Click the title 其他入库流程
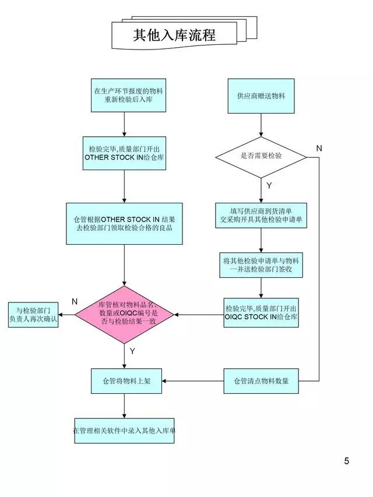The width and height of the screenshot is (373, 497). coord(174,35)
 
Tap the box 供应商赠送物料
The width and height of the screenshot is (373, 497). coord(261,95)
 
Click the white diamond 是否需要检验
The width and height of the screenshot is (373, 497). coord(261,156)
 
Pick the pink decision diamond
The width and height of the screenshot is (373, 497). coord(124,315)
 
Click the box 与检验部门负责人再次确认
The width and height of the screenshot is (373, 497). coord(33,315)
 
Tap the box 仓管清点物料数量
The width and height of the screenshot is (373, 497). coord(261,381)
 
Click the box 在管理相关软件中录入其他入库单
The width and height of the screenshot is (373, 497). coord(124,431)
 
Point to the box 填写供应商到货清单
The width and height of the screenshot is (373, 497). coord(261,215)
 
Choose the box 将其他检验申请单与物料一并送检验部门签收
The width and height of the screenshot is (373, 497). coord(261,265)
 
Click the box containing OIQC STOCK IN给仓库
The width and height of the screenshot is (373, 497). coord(261,312)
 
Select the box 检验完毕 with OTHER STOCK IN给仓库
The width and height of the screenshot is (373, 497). coord(124,153)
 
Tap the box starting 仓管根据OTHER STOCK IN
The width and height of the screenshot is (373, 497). coord(124,224)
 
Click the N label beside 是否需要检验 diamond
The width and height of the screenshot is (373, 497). coord(319,149)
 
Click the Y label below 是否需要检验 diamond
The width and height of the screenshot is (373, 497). coord(269,185)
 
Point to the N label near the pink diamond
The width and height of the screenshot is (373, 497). coord(75,301)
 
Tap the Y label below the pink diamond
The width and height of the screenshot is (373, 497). coord(132,351)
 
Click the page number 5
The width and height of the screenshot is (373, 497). coord(346,461)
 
